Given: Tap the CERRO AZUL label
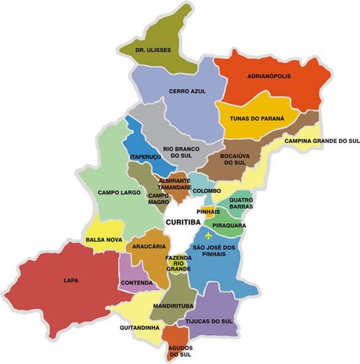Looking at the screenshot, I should [187, 91].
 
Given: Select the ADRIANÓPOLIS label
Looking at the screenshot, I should [269, 77].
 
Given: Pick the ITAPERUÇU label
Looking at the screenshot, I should [145, 157].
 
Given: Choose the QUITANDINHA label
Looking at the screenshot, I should [140, 327].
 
